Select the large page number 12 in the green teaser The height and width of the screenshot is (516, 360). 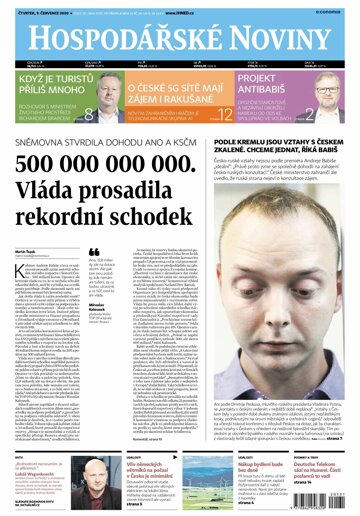[212, 113]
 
